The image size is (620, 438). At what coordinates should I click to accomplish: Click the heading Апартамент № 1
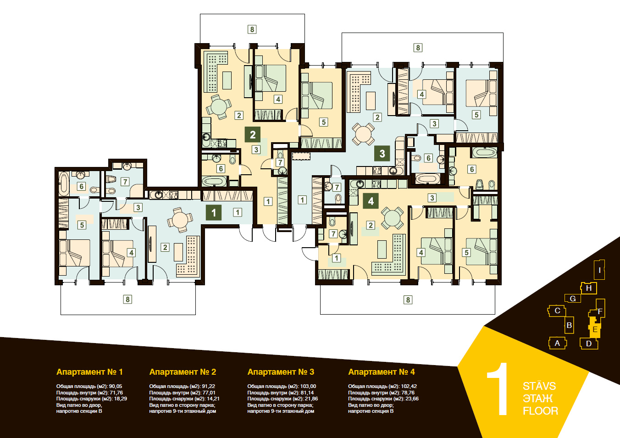[89, 372]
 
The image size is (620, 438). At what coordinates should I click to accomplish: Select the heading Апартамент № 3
[281, 372]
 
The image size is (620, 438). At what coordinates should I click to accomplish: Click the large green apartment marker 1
[214, 213]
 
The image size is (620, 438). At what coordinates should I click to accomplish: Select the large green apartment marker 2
[252, 134]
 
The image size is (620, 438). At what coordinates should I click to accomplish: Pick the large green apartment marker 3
[382, 153]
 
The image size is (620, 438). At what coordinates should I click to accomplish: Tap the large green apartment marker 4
[371, 201]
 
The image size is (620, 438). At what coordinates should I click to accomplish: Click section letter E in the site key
[595, 329]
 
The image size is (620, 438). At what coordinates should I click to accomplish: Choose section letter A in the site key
[557, 344]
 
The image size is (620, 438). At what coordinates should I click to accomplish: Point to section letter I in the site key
[599, 270]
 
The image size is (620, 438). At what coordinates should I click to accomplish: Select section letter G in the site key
[573, 299]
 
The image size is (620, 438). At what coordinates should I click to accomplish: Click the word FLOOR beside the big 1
[540, 411]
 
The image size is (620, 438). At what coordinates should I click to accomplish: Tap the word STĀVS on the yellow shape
[539, 386]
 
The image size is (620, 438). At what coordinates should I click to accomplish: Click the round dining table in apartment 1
[180, 220]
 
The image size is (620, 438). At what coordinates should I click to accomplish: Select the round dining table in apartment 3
[363, 134]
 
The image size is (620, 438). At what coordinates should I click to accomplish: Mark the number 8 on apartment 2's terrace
[252, 29]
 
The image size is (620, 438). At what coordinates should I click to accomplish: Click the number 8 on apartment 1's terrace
[127, 299]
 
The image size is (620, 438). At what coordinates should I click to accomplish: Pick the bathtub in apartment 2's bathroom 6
[214, 181]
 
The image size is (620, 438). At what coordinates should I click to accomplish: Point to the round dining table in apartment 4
[392, 218]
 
